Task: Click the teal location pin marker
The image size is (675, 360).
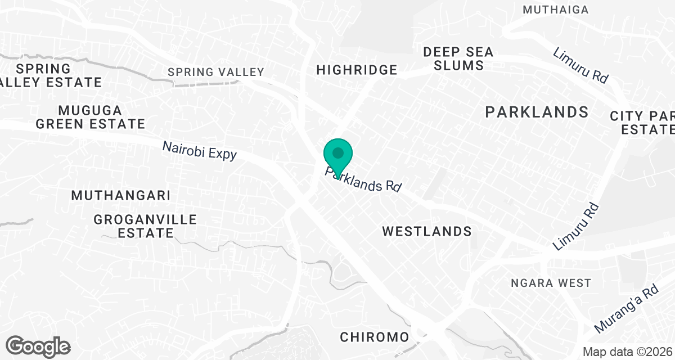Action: pos(338,155)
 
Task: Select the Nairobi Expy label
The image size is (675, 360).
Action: pos(200,151)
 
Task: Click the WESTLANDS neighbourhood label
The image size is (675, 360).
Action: pos(426,231)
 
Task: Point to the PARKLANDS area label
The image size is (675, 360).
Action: pos(537,112)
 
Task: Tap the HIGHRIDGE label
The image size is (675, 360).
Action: pos(357,70)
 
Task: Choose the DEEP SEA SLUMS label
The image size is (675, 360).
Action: pos(458,58)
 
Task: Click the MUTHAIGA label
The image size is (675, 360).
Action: pos(555,10)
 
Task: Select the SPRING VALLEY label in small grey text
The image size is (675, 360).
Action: pos(216,72)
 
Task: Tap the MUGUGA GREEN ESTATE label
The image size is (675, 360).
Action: pos(90,116)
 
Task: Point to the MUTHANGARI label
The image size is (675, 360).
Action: pos(120,196)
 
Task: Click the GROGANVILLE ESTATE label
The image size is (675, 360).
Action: pos(146,226)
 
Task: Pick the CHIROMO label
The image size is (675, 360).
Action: pos(374,337)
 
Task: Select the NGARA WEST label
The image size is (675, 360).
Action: pos(551,283)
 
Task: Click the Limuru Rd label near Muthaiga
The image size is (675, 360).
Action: pos(580,66)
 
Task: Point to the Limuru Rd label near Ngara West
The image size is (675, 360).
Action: pos(575,226)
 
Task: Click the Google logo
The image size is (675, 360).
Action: pos(38,346)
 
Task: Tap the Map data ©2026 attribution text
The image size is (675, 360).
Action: pos(627,352)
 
